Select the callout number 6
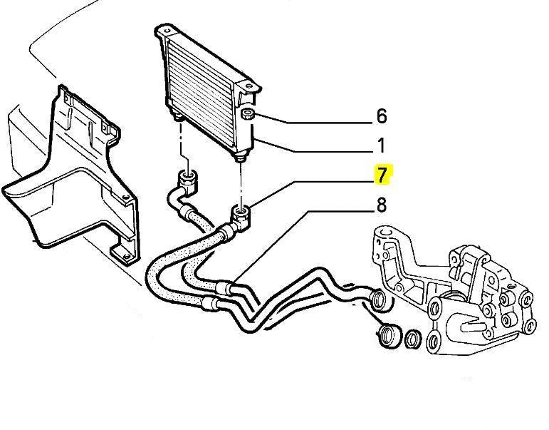point(381,116)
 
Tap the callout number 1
point(381,146)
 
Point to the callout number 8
point(381,205)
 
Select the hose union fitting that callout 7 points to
point(241,213)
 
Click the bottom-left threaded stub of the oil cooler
point(175,116)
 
